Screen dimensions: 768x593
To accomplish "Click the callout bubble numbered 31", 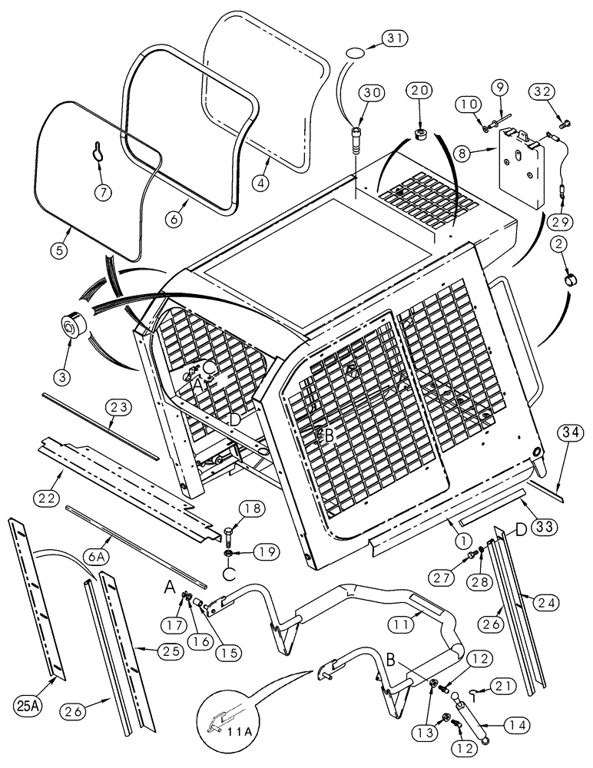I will tap(397, 38).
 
